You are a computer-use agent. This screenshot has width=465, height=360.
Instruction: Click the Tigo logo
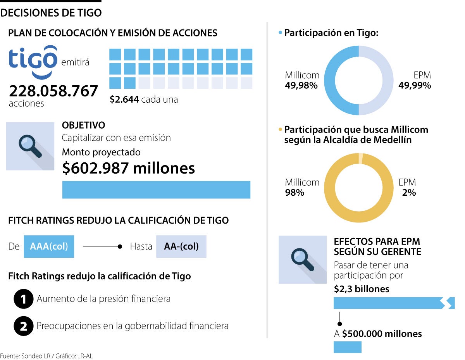coord(33,62)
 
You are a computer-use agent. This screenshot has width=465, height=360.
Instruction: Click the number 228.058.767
coord(53,91)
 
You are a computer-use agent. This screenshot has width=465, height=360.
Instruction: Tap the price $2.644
coord(124,100)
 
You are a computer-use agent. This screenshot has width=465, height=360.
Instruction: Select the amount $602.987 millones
coord(128,168)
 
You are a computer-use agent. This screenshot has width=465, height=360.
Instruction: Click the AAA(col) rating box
coord(49,246)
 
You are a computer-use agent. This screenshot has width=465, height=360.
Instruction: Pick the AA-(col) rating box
coord(181,246)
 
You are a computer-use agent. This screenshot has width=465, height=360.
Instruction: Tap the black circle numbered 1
coord(23,300)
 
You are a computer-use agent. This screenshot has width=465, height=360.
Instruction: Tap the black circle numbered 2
coord(23,326)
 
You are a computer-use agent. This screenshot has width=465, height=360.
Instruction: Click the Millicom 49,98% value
coord(301,86)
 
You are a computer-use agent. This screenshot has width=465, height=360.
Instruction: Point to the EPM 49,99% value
coord(415,86)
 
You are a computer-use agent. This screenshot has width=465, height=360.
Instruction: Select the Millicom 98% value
coord(295,192)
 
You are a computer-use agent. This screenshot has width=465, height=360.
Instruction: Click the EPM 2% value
coord(409,192)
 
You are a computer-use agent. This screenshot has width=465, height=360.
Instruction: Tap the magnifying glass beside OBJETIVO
coord(30,146)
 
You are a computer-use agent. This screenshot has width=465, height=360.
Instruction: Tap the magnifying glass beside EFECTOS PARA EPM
coord(303,259)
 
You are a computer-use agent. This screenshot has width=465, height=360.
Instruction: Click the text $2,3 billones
coord(362,289)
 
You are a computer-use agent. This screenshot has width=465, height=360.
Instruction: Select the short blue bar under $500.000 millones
coord(347,347)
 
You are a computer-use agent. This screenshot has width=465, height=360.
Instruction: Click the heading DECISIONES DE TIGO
coord(51,13)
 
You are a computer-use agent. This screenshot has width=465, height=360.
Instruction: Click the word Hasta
coord(141,246)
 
